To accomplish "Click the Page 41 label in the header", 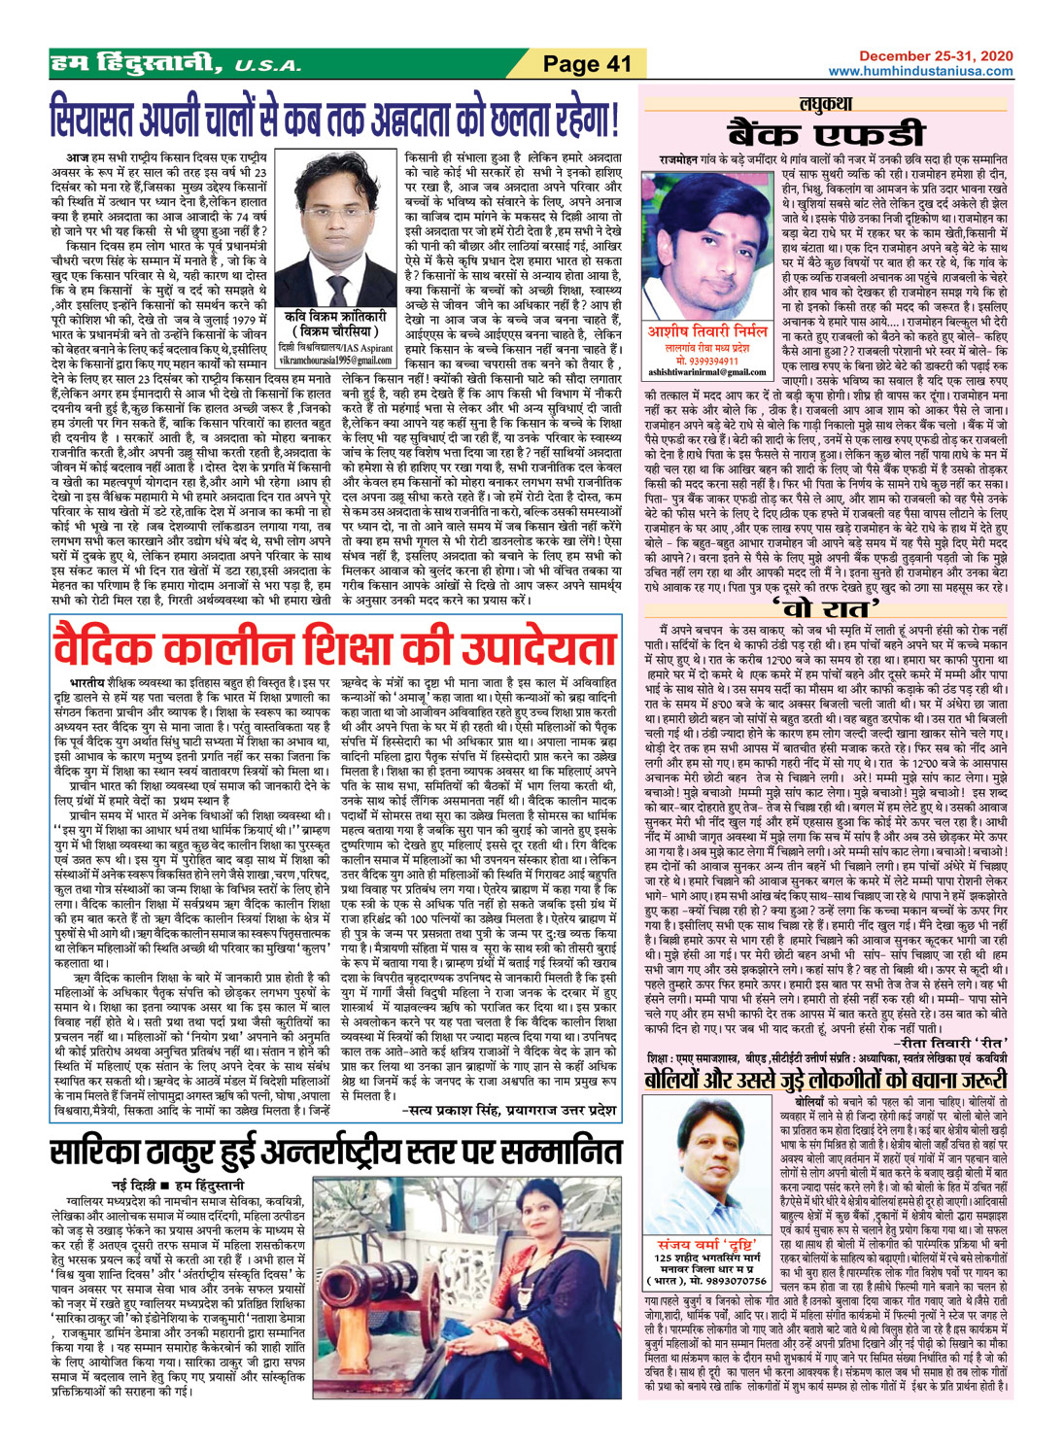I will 587,64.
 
